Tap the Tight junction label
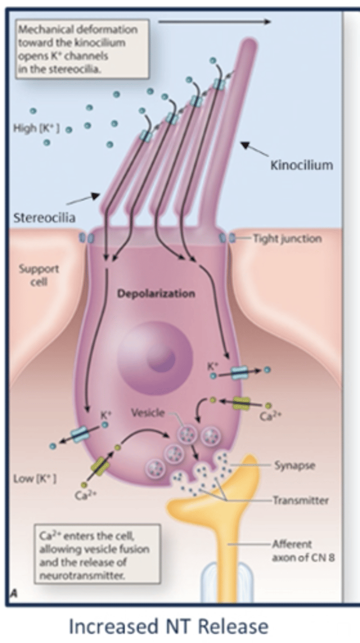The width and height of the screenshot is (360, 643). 288,238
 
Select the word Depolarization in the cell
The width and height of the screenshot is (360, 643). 156,294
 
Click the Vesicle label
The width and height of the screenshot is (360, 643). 148,413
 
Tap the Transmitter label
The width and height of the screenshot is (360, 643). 301,500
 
